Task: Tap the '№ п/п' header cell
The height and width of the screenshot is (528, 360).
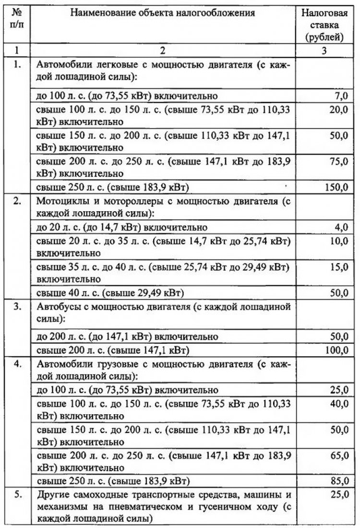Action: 16,19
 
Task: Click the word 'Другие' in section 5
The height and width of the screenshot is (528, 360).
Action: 52,493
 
